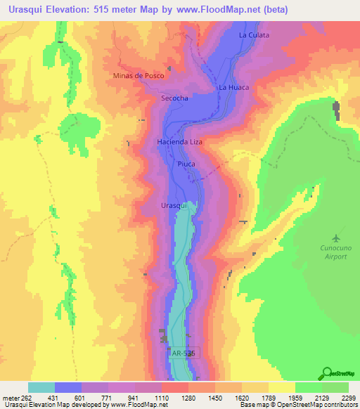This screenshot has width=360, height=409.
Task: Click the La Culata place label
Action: pos(254,34)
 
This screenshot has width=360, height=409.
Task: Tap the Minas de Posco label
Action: pos(138,75)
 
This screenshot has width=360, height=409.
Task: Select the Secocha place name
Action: pos(174,99)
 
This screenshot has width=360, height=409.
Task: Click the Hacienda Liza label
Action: pos(179,142)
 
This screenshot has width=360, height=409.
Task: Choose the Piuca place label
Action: pos(186,164)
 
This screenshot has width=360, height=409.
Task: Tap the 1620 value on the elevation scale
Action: pos(233,398)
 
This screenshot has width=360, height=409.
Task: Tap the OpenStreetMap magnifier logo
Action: pos(326,374)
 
